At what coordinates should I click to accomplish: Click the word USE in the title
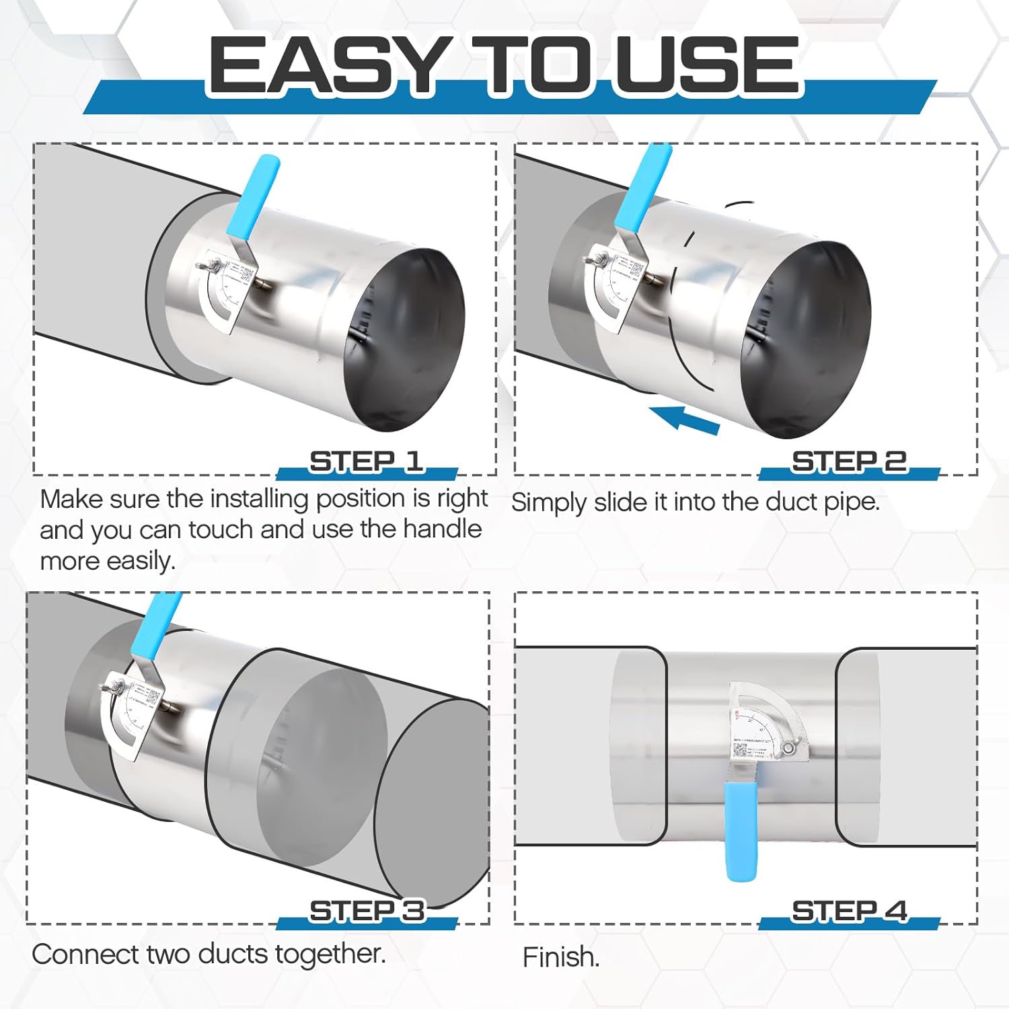click(706, 65)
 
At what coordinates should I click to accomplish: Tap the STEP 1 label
click(366, 461)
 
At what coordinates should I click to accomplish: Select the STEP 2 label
click(849, 461)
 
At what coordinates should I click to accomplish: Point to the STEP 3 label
click(367, 911)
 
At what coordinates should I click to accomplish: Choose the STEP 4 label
click(849, 911)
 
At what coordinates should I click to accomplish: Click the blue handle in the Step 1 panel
click(253, 195)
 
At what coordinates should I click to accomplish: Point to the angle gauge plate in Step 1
click(225, 296)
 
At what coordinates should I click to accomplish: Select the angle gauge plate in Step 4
click(767, 723)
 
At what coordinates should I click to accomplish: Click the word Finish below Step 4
click(560, 957)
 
